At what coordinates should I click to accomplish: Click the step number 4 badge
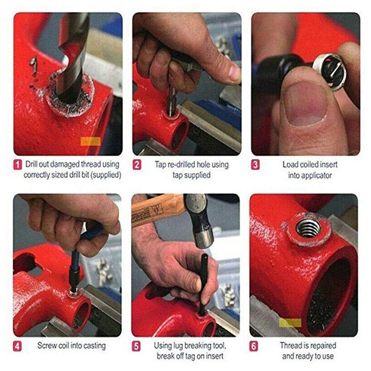click(x=17, y=345)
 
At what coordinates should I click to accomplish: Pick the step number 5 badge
click(x=137, y=345)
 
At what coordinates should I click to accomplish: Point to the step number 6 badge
click(x=256, y=345)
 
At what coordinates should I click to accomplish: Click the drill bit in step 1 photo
click(x=74, y=51)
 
